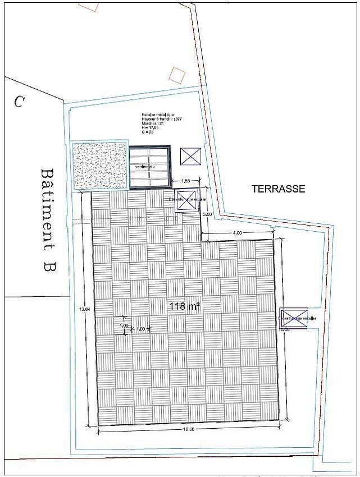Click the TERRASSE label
click(278, 189)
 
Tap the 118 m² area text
click(185, 306)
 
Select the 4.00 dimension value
click(237, 232)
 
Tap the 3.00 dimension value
click(207, 214)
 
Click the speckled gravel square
click(99, 166)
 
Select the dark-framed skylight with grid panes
click(150, 167)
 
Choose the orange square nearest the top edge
click(90, 4)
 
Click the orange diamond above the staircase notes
click(177, 75)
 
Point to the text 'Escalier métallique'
click(158, 115)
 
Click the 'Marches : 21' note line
click(153, 123)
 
